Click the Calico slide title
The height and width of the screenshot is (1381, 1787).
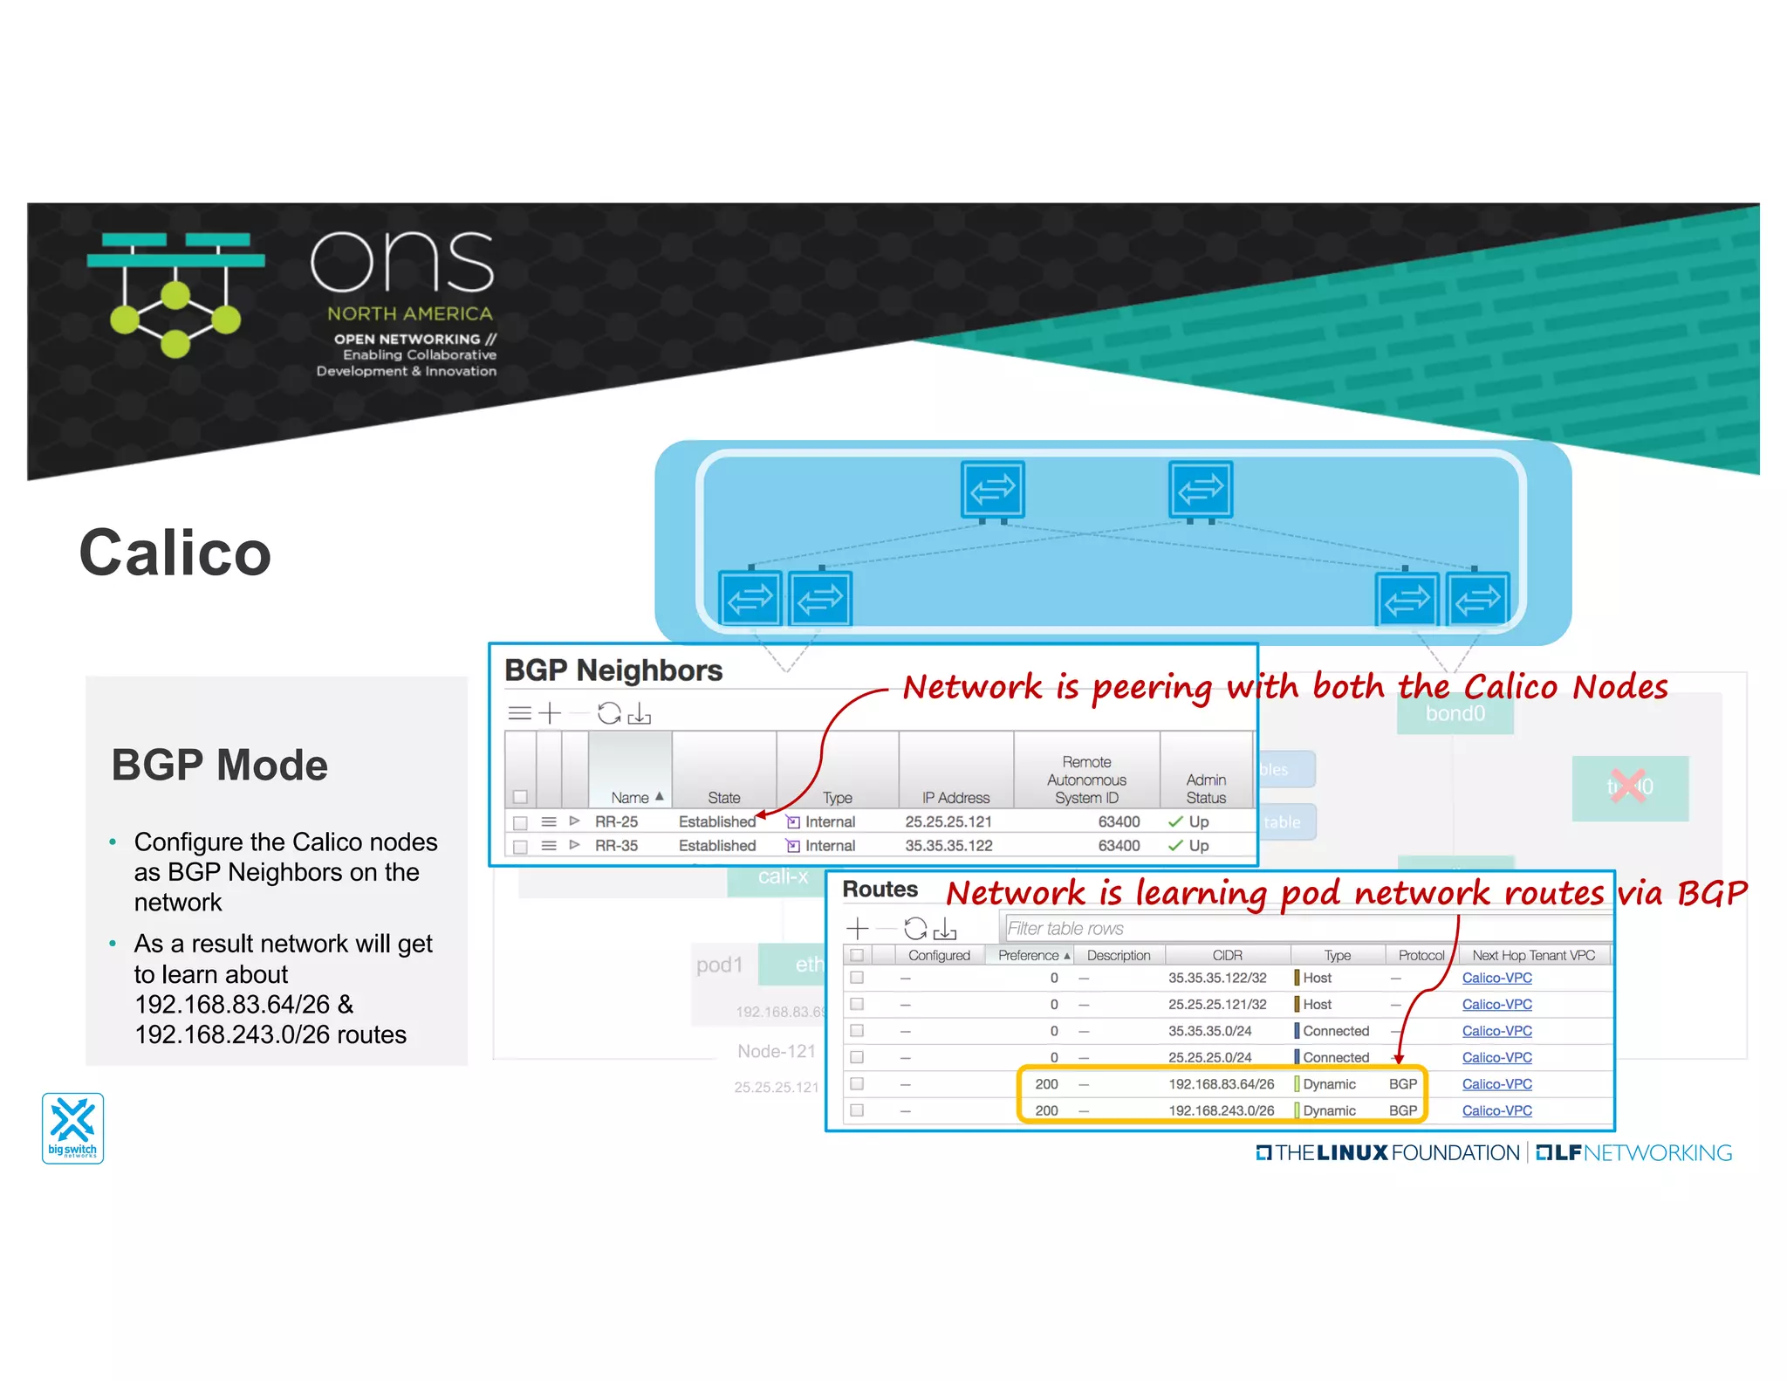point(175,553)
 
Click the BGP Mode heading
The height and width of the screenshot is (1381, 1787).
point(219,765)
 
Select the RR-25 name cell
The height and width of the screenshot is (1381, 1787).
point(616,821)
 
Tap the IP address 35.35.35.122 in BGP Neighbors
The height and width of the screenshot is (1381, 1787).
point(948,845)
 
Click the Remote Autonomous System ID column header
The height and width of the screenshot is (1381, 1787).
point(1085,780)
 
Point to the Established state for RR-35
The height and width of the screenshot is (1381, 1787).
point(716,845)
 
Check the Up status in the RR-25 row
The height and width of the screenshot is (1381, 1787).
point(1197,821)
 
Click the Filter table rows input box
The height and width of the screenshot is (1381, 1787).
point(1304,928)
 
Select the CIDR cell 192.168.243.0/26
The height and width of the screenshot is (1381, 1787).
point(1221,1110)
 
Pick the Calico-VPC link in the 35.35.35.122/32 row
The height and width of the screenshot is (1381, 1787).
point(1496,978)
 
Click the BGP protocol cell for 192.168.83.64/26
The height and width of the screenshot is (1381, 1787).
point(1402,1083)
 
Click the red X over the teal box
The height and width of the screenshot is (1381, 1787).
point(1627,786)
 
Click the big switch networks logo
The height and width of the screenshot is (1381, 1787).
point(73,1128)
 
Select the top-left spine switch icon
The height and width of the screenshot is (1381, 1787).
point(992,490)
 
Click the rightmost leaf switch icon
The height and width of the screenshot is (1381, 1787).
point(1477,599)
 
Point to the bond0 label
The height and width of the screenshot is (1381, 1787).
point(1455,714)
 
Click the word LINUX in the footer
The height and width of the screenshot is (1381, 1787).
point(1352,1152)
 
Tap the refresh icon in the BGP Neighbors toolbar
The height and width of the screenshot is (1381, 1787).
point(608,713)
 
